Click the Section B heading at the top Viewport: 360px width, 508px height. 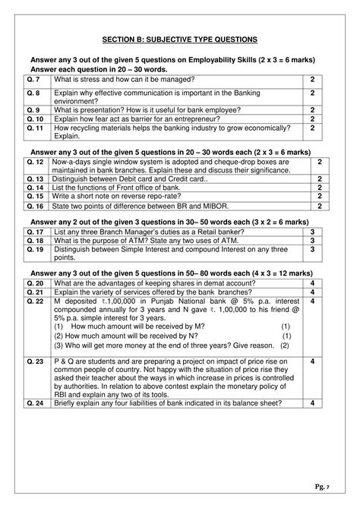(180, 39)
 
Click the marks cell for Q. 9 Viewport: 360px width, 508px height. (311, 109)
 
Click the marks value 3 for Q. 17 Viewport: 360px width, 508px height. (311, 231)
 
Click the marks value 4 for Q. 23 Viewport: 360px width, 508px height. (311, 361)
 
